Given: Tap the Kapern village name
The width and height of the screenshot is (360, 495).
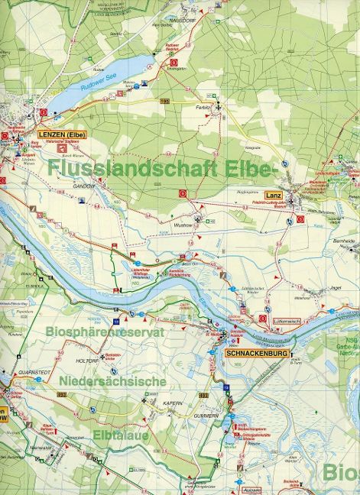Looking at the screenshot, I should [170, 402].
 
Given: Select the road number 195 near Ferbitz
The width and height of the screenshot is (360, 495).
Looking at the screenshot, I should [164, 100].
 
